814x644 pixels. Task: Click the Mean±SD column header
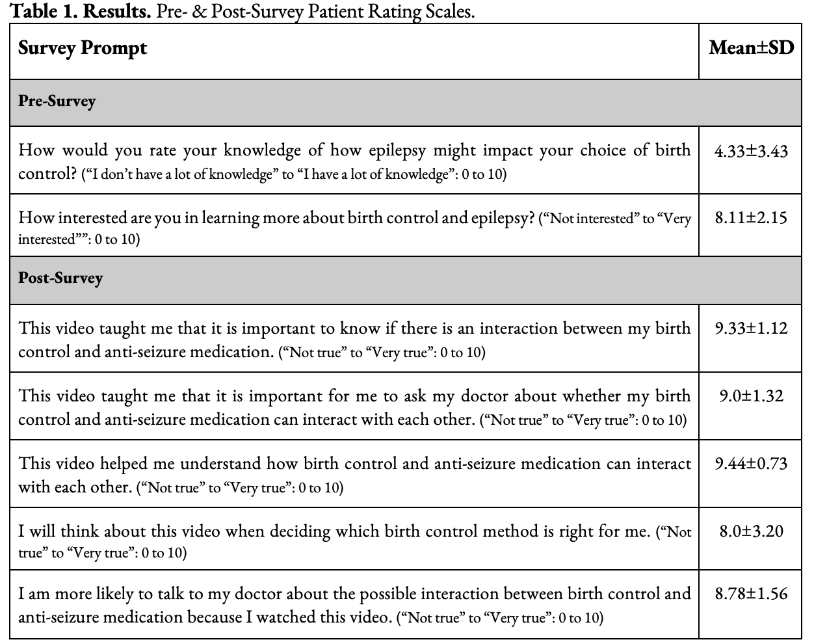(x=751, y=48)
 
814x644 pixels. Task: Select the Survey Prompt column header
(x=83, y=48)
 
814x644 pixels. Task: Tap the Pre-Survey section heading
(x=57, y=101)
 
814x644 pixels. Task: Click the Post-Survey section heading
(x=60, y=278)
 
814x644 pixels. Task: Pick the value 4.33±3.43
(x=751, y=151)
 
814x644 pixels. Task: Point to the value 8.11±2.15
(x=751, y=217)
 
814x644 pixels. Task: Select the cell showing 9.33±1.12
(x=751, y=328)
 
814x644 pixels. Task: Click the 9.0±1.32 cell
(x=751, y=396)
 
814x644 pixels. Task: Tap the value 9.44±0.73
(x=751, y=463)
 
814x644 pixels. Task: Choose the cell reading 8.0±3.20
(x=751, y=531)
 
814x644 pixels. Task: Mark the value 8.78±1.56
(x=751, y=593)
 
